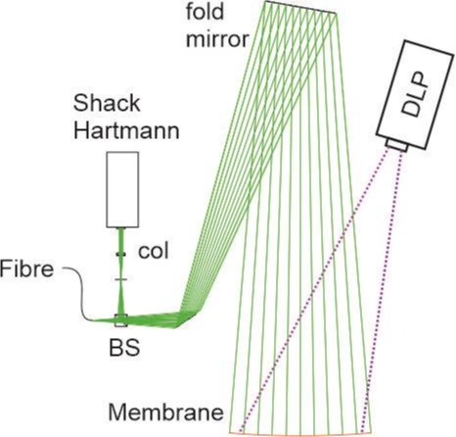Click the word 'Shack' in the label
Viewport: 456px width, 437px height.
[x=107, y=103]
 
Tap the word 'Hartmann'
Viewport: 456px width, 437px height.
[x=126, y=130]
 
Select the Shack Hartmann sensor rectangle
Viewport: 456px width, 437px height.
[x=122, y=189]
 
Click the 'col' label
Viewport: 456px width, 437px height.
[x=154, y=252]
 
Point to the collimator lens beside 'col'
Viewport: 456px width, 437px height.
[x=120, y=254]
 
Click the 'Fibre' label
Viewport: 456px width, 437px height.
[x=26, y=269]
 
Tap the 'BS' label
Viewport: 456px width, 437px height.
[x=124, y=348]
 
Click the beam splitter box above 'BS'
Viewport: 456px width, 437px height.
[x=121, y=320]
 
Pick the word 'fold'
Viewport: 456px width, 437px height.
[x=205, y=12]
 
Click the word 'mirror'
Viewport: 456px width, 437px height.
[x=218, y=39]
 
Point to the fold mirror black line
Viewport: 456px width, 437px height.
[x=300, y=7]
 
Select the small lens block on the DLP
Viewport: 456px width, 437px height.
[x=396, y=145]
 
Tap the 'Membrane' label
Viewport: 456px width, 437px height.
[x=166, y=413]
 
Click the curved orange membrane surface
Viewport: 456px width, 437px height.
[x=299, y=435]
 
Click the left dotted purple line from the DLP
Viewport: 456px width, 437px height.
[x=314, y=290]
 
